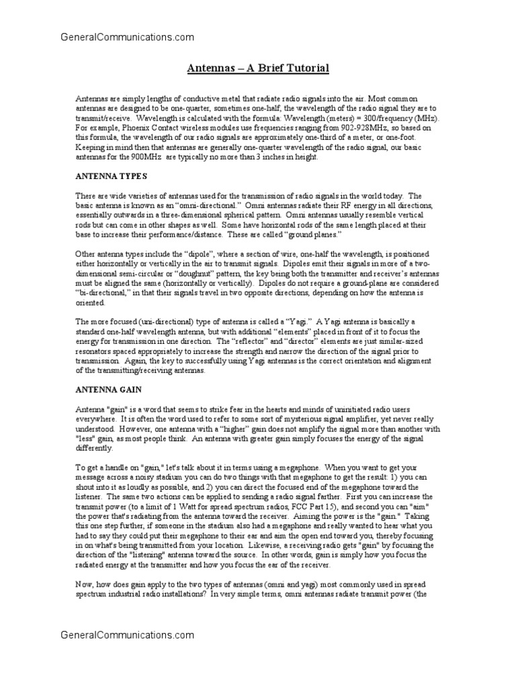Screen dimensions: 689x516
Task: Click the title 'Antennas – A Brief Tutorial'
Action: pyautogui.click(x=257, y=69)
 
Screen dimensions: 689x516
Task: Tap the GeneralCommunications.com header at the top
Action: pyautogui.click(x=127, y=38)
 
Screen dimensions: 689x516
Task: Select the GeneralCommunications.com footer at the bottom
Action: pyautogui.click(x=127, y=634)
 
